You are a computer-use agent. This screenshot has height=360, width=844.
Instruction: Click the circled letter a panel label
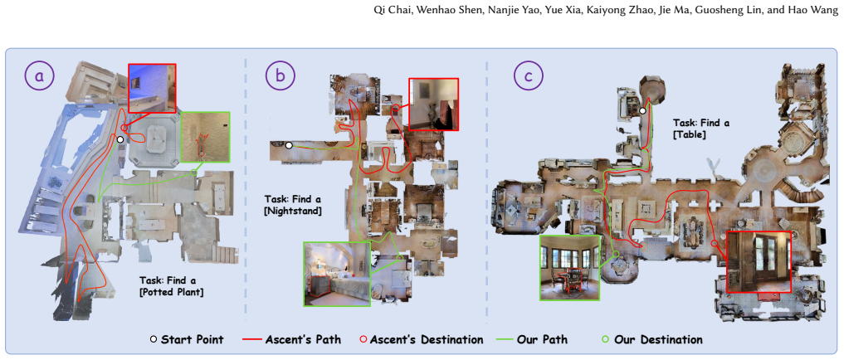coord(40,75)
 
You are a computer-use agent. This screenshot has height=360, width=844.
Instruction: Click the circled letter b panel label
coord(281,75)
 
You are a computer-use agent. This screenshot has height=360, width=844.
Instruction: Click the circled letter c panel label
coord(528,75)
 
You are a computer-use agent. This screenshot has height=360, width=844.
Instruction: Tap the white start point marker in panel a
coord(120,139)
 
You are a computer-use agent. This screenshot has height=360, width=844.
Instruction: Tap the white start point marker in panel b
coord(289,145)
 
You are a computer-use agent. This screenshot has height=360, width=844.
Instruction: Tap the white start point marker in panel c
coord(642,111)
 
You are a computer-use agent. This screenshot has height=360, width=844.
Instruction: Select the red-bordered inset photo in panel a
coord(153,90)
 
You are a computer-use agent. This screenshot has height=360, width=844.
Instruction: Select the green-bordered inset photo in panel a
coord(205,137)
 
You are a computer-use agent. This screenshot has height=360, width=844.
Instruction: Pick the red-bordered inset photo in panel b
coord(434,105)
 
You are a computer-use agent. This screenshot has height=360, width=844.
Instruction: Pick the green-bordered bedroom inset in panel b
coord(337,274)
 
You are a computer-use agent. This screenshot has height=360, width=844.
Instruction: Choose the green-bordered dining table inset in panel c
coord(569,267)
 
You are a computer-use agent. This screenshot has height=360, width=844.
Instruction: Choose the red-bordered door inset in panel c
coord(759,262)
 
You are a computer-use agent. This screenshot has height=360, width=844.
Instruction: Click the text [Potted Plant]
coord(172,294)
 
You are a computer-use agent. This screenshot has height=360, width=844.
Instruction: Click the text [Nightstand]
coord(293,212)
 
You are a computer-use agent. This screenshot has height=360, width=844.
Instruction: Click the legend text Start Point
coord(193,340)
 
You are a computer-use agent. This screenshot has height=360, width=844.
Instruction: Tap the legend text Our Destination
coord(658,340)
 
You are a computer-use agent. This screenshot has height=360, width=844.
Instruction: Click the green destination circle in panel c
coord(616,254)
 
